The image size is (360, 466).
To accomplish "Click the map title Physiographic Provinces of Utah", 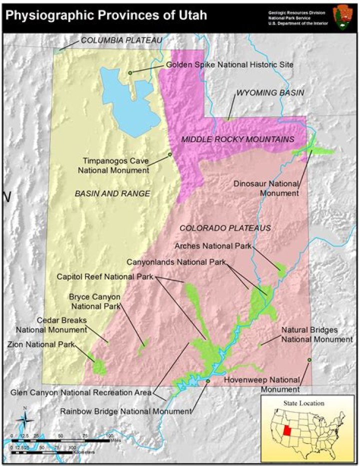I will (x=106, y=15).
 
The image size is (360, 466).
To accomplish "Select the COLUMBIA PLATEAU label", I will (x=121, y=40).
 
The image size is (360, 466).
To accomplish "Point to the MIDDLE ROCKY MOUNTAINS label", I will (x=237, y=139).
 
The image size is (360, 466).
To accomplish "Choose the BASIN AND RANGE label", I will (x=112, y=193).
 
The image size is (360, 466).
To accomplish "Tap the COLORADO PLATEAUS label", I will (x=225, y=228).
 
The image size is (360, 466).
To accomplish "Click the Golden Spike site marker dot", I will (x=130, y=73).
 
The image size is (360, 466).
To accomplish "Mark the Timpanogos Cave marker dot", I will (x=170, y=154).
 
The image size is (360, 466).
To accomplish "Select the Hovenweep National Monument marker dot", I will (x=309, y=360).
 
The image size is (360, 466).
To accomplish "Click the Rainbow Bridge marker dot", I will (x=207, y=381).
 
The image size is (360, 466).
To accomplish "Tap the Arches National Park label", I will (x=213, y=246).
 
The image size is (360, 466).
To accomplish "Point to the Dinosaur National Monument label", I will (x=266, y=188).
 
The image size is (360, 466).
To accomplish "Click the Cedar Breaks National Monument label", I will (x=52, y=325).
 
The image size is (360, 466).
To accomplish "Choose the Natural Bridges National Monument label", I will (x=316, y=334).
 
